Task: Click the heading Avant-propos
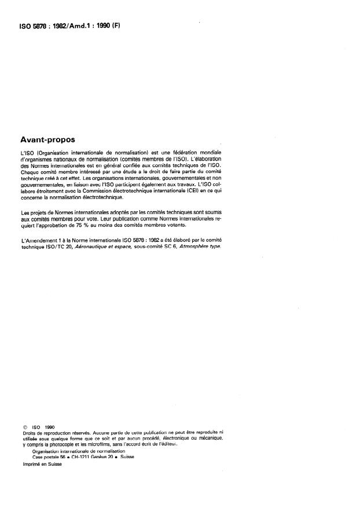(x=51, y=139)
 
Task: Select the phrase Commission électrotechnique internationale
(x=134, y=190)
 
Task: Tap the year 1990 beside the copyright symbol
(x=48, y=427)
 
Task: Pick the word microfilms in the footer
(x=104, y=444)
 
